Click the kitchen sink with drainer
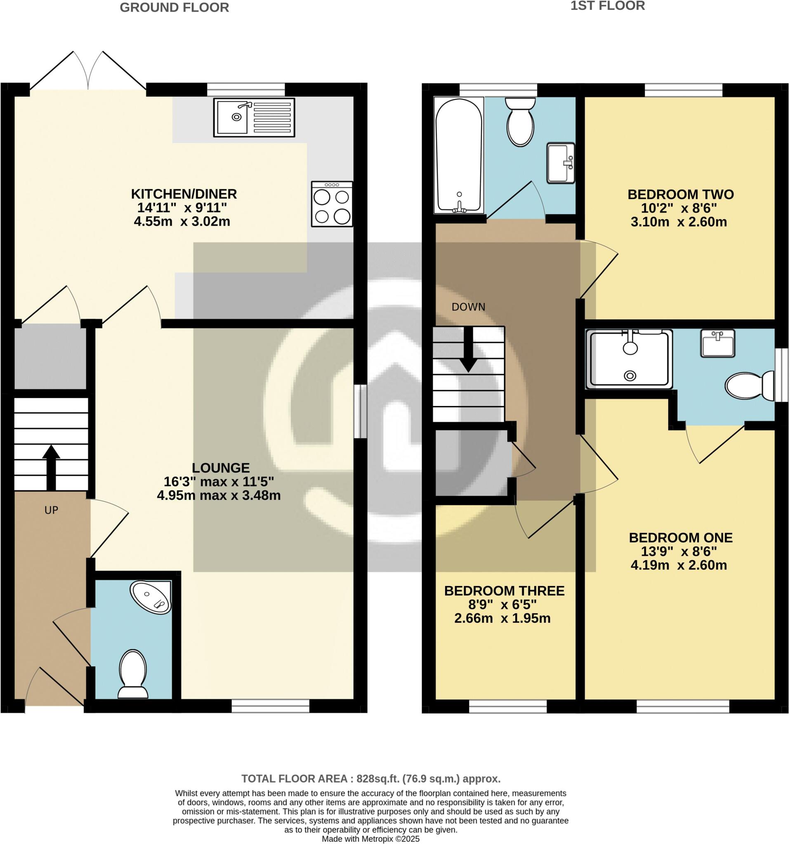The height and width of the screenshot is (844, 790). point(254,117)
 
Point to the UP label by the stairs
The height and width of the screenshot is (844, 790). point(51,510)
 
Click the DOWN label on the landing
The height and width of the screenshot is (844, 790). point(468,307)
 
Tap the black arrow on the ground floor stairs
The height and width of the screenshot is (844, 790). point(51,467)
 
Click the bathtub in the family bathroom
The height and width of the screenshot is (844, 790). point(459,155)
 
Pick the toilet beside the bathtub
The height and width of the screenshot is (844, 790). point(520,122)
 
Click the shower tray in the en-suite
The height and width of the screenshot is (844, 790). point(629,359)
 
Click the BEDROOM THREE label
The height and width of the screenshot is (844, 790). point(504,591)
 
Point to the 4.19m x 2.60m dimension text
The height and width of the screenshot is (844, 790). point(679,565)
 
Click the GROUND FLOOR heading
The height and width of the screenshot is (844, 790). point(174,8)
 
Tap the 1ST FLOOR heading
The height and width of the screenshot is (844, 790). point(607,6)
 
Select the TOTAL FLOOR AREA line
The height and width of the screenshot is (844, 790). point(370,778)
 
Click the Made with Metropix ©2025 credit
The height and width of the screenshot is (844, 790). point(370,839)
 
